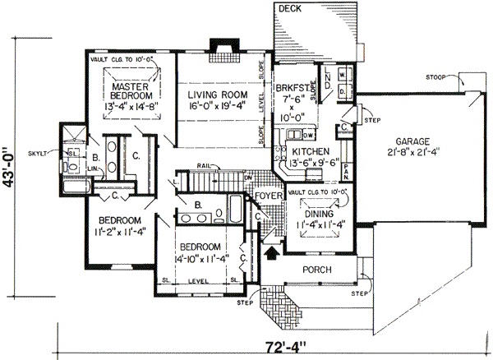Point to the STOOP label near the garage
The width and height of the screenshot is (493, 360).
tap(436, 76)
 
